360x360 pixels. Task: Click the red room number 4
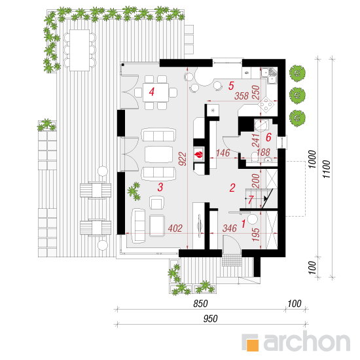(x=152, y=92)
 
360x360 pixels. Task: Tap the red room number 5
(x=231, y=86)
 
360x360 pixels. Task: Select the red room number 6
(x=268, y=137)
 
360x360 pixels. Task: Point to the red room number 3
(x=160, y=187)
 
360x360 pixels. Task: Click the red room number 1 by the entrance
(x=243, y=224)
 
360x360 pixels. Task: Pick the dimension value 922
(x=183, y=158)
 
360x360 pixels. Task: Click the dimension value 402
(x=175, y=228)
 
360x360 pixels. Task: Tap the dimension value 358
(x=242, y=96)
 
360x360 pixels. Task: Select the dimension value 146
(x=223, y=153)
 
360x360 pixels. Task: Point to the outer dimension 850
(x=200, y=304)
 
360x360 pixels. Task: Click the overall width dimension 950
(x=210, y=319)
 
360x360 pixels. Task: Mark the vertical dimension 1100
(x=326, y=170)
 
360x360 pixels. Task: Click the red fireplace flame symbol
(x=198, y=154)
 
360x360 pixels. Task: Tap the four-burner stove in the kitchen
(x=266, y=105)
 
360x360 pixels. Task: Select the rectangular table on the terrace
(x=79, y=50)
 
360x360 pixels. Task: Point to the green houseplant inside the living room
(x=134, y=191)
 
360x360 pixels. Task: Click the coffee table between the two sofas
(x=158, y=154)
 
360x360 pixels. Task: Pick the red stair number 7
(x=251, y=200)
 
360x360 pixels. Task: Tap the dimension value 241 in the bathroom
(x=255, y=140)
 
